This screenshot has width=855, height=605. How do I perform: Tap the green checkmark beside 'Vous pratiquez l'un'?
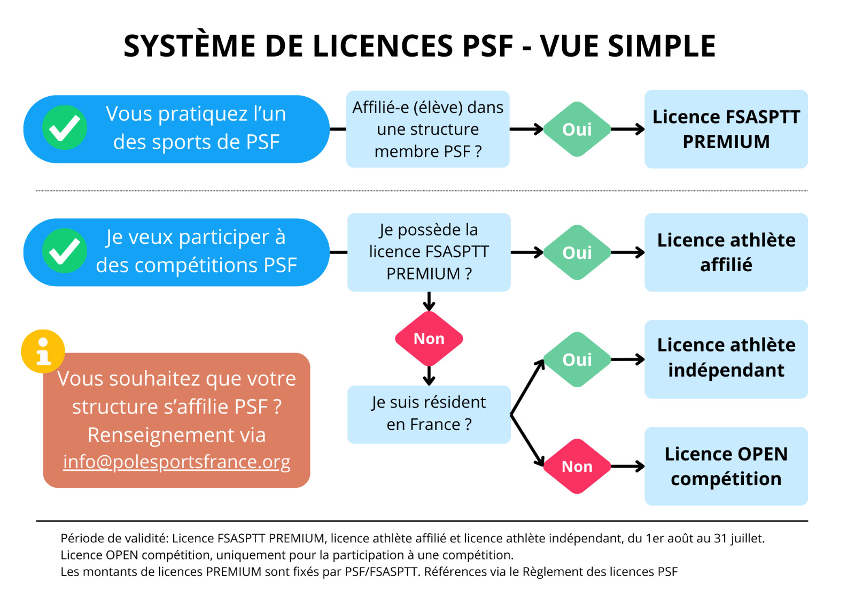pyautogui.click(x=65, y=128)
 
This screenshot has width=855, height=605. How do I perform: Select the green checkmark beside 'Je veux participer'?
pyautogui.click(x=65, y=251)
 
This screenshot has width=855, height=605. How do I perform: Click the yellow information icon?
pyautogui.click(x=43, y=351)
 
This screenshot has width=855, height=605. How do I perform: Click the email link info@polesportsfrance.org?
pyautogui.click(x=176, y=462)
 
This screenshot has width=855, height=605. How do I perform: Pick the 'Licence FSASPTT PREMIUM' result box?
pyautogui.click(x=726, y=129)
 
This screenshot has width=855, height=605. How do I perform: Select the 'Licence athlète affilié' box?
pyautogui.click(x=726, y=252)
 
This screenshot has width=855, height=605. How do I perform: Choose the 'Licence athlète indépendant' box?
pyautogui.click(x=726, y=359)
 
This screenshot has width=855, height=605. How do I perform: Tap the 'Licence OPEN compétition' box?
pyautogui.click(x=726, y=466)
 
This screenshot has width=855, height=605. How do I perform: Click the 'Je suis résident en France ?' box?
pyautogui.click(x=429, y=414)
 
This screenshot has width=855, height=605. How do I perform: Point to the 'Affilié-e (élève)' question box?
pyautogui.click(x=428, y=129)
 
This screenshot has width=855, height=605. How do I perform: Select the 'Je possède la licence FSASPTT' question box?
pyautogui.click(x=429, y=252)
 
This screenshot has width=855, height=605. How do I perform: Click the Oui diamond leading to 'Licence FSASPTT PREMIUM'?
pyautogui.click(x=577, y=129)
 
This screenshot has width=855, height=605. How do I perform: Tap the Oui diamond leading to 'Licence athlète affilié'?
pyautogui.click(x=577, y=252)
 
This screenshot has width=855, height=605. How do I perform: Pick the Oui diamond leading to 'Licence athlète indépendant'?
pyautogui.click(x=577, y=359)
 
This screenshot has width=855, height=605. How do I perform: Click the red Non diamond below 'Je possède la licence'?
pyautogui.click(x=429, y=339)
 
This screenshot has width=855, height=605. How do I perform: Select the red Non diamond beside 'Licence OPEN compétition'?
pyautogui.click(x=577, y=466)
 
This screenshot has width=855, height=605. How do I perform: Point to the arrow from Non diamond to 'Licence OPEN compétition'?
pyautogui.click(x=627, y=466)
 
